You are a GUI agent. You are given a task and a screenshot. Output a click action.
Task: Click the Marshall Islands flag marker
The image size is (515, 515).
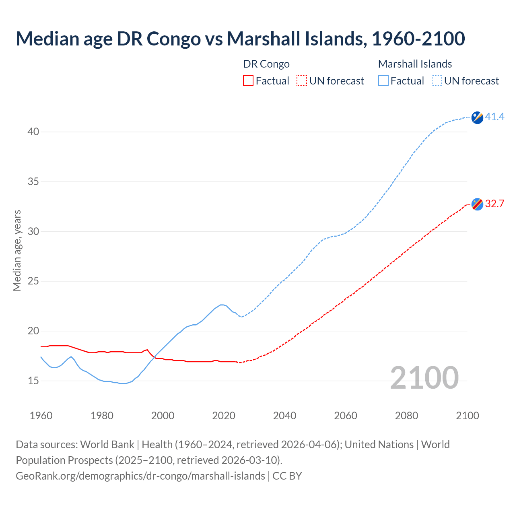[x=477, y=117]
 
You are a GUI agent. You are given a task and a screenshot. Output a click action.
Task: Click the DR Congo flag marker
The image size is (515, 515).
[x=477, y=204]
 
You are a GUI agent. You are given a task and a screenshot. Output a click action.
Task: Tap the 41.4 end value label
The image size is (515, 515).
[x=494, y=117]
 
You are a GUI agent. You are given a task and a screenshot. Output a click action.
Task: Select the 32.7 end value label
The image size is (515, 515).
[x=494, y=204]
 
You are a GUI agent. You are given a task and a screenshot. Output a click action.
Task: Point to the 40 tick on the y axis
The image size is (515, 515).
[x=33, y=132]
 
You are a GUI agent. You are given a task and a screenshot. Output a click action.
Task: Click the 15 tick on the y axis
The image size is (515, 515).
[x=33, y=381]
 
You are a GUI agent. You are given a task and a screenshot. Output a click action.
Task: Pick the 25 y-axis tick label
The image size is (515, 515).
[x=33, y=281]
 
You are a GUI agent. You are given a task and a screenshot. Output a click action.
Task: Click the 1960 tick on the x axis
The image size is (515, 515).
[x=41, y=416]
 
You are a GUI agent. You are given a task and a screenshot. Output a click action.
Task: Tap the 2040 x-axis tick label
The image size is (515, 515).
[x=284, y=416]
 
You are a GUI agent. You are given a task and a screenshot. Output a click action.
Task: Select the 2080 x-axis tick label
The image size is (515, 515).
[x=406, y=416]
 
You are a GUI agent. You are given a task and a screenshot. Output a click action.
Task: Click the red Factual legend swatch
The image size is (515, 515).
[x=248, y=81]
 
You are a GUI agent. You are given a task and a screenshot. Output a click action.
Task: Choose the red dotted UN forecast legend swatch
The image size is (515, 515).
[x=302, y=81]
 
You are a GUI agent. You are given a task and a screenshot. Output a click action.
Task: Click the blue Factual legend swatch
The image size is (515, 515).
[x=383, y=81]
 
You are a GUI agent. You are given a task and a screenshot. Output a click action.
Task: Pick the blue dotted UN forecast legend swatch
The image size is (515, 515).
[x=437, y=81]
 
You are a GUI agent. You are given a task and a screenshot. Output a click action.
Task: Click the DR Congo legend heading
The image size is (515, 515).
[x=266, y=64]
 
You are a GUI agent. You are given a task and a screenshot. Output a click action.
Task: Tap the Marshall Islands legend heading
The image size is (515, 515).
[x=415, y=64]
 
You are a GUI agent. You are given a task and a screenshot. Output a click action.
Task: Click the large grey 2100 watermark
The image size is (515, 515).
[x=424, y=378]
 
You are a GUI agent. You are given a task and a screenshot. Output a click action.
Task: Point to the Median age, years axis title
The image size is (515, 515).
[x=17, y=250]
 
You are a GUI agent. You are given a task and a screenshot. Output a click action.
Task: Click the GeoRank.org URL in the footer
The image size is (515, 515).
[x=140, y=476]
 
